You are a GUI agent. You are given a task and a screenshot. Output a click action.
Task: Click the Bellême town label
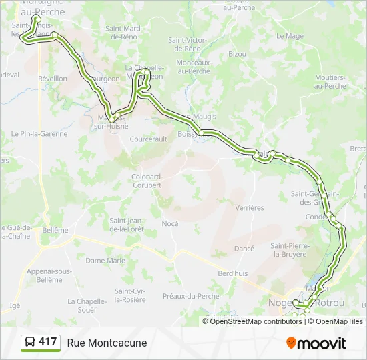click(x=55, y=230)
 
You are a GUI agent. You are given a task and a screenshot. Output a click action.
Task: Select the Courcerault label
click(x=148, y=139)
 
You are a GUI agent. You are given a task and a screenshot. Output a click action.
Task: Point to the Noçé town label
click(x=170, y=224)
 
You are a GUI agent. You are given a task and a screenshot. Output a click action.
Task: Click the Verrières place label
click(x=250, y=208)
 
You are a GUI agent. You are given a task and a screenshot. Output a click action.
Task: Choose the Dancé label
click(x=244, y=249)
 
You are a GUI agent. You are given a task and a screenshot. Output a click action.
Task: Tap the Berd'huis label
click(x=233, y=273)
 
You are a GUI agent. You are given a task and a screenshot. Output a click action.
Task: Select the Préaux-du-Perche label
click(x=191, y=296)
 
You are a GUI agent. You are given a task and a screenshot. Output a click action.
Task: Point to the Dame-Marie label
click(x=105, y=261)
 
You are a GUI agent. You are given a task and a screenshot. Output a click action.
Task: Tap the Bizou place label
click(x=237, y=53)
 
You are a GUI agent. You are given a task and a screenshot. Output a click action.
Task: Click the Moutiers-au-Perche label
click(x=330, y=82)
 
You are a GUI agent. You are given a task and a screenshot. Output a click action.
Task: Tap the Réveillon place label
click(x=53, y=79)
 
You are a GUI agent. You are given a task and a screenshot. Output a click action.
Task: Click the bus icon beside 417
click(x=30, y=343)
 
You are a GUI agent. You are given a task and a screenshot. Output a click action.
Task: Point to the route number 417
click(x=48, y=342)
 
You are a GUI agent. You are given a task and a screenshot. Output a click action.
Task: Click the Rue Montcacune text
click(x=107, y=343)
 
